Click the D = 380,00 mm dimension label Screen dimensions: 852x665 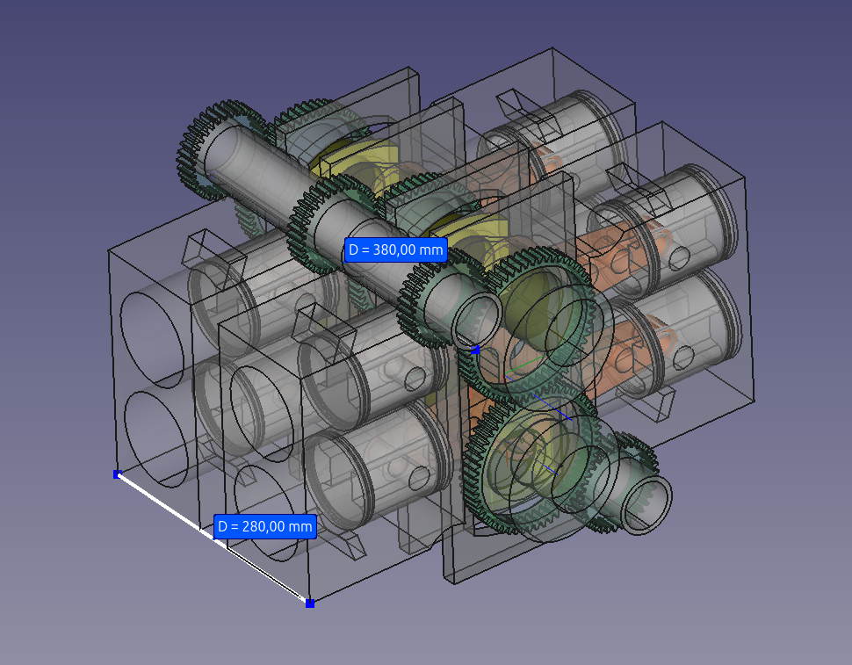coord(395,249)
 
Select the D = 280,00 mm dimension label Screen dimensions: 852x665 coord(264,526)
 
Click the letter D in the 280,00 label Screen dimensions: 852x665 coord(222,526)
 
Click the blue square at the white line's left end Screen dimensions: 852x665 coord(118,474)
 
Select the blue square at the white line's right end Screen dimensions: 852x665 coord(310,603)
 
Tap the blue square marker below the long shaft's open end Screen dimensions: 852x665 coord(475,350)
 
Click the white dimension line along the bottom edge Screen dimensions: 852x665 coord(213,539)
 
